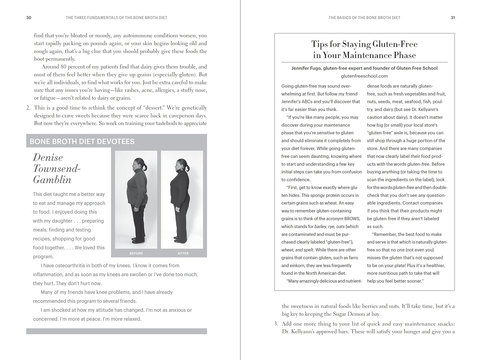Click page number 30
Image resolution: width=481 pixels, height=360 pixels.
tap(29, 18)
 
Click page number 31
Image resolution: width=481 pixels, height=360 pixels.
tap(453, 18)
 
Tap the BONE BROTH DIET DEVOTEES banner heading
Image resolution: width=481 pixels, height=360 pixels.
tap(82, 141)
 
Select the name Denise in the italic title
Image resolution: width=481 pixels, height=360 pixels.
tap(48, 157)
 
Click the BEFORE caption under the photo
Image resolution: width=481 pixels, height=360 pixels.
tap(136, 253)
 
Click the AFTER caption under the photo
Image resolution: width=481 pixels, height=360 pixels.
tap(183, 253)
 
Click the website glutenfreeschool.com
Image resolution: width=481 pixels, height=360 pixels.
tap(364, 76)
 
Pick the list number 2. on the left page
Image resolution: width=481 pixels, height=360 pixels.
tap(29, 108)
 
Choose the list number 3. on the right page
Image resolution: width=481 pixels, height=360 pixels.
tap(276, 324)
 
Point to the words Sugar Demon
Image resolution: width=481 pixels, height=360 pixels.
tap(348, 314)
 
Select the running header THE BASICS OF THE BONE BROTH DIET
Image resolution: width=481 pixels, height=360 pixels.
tap(364, 18)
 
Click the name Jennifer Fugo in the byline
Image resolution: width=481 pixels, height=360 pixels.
tap(306, 68)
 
